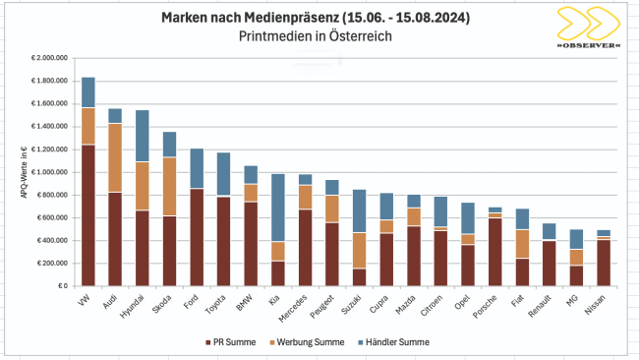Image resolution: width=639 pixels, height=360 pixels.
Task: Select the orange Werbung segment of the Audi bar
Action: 115,157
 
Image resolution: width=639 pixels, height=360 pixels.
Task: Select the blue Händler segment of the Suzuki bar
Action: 359,210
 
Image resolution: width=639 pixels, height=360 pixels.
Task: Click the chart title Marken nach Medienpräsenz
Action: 303,18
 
